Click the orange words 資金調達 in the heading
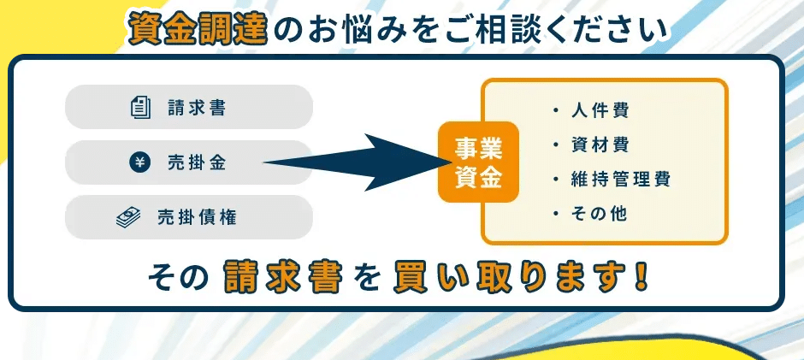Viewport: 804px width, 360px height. tap(198, 29)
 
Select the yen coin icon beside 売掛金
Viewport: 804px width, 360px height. tap(139, 163)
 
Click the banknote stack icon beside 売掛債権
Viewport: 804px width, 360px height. tap(128, 217)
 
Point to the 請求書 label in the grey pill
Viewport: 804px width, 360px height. tap(197, 108)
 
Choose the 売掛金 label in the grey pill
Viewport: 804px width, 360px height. tap(197, 163)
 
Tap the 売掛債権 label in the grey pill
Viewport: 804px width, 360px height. tap(197, 217)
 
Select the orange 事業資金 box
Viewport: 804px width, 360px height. tap(478, 162)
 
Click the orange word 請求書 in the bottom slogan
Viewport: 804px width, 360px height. tap(283, 277)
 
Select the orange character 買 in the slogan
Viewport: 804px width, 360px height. tap(411, 277)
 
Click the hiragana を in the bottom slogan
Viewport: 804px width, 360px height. tap(368, 279)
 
